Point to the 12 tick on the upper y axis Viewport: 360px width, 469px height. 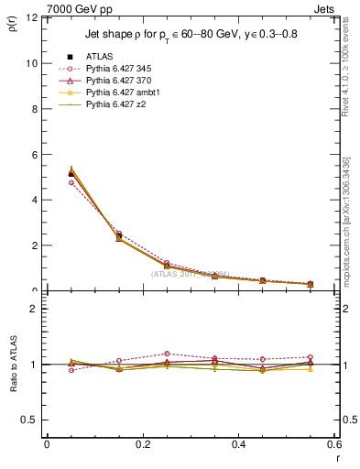click(x=35, y=18)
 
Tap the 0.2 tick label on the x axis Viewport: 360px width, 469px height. click(x=142, y=444)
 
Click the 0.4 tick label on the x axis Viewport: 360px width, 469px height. click(x=238, y=444)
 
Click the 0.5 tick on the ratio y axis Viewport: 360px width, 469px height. click(x=33, y=420)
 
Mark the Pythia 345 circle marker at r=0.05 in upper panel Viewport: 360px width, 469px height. click(x=71, y=182)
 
